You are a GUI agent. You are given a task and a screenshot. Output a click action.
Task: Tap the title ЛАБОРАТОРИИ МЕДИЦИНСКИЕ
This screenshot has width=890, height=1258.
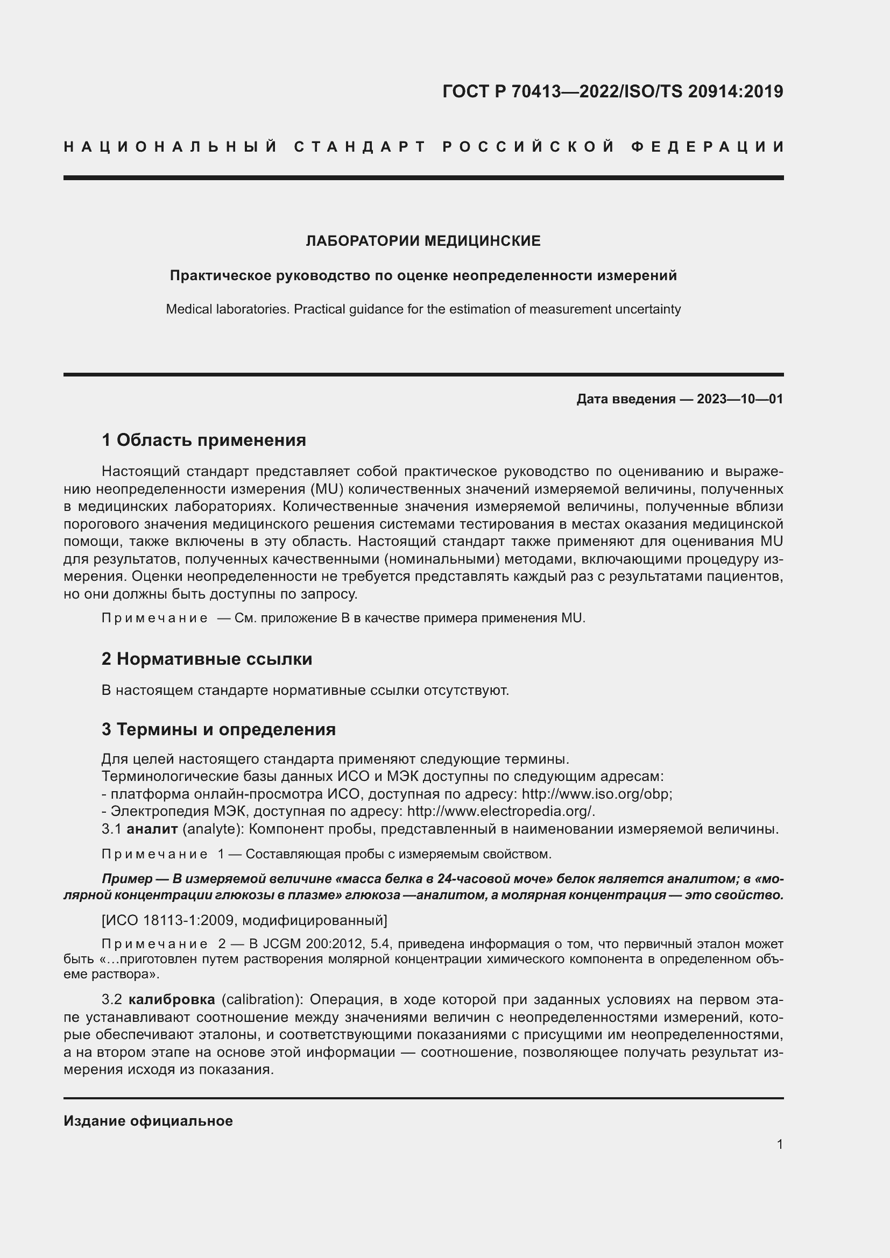coord(423,241)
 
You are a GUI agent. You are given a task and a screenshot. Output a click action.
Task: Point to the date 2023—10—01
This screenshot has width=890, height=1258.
coord(740,399)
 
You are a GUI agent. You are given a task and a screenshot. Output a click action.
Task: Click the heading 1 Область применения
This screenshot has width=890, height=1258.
coord(204,440)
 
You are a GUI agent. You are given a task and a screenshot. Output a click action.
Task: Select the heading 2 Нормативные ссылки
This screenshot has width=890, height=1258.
coord(207,659)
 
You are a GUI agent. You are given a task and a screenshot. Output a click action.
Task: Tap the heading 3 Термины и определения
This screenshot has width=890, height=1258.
coord(218,729)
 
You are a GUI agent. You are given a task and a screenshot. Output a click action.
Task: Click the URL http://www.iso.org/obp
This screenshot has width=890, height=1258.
coord(596,794)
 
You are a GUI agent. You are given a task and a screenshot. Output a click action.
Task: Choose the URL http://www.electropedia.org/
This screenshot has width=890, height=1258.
coord(501,812)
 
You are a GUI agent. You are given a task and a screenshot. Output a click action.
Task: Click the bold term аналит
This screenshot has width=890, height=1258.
coord(152,829)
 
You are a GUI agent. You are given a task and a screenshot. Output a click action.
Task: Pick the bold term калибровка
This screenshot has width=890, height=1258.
coord(172,999)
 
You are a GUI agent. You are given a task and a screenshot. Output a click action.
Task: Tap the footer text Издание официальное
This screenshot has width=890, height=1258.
coord(148,1120)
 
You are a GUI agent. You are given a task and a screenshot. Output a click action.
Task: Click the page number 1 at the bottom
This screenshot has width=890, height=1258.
coord(779,1144)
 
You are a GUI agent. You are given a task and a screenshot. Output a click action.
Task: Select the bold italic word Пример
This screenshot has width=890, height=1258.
coord(127,879)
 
